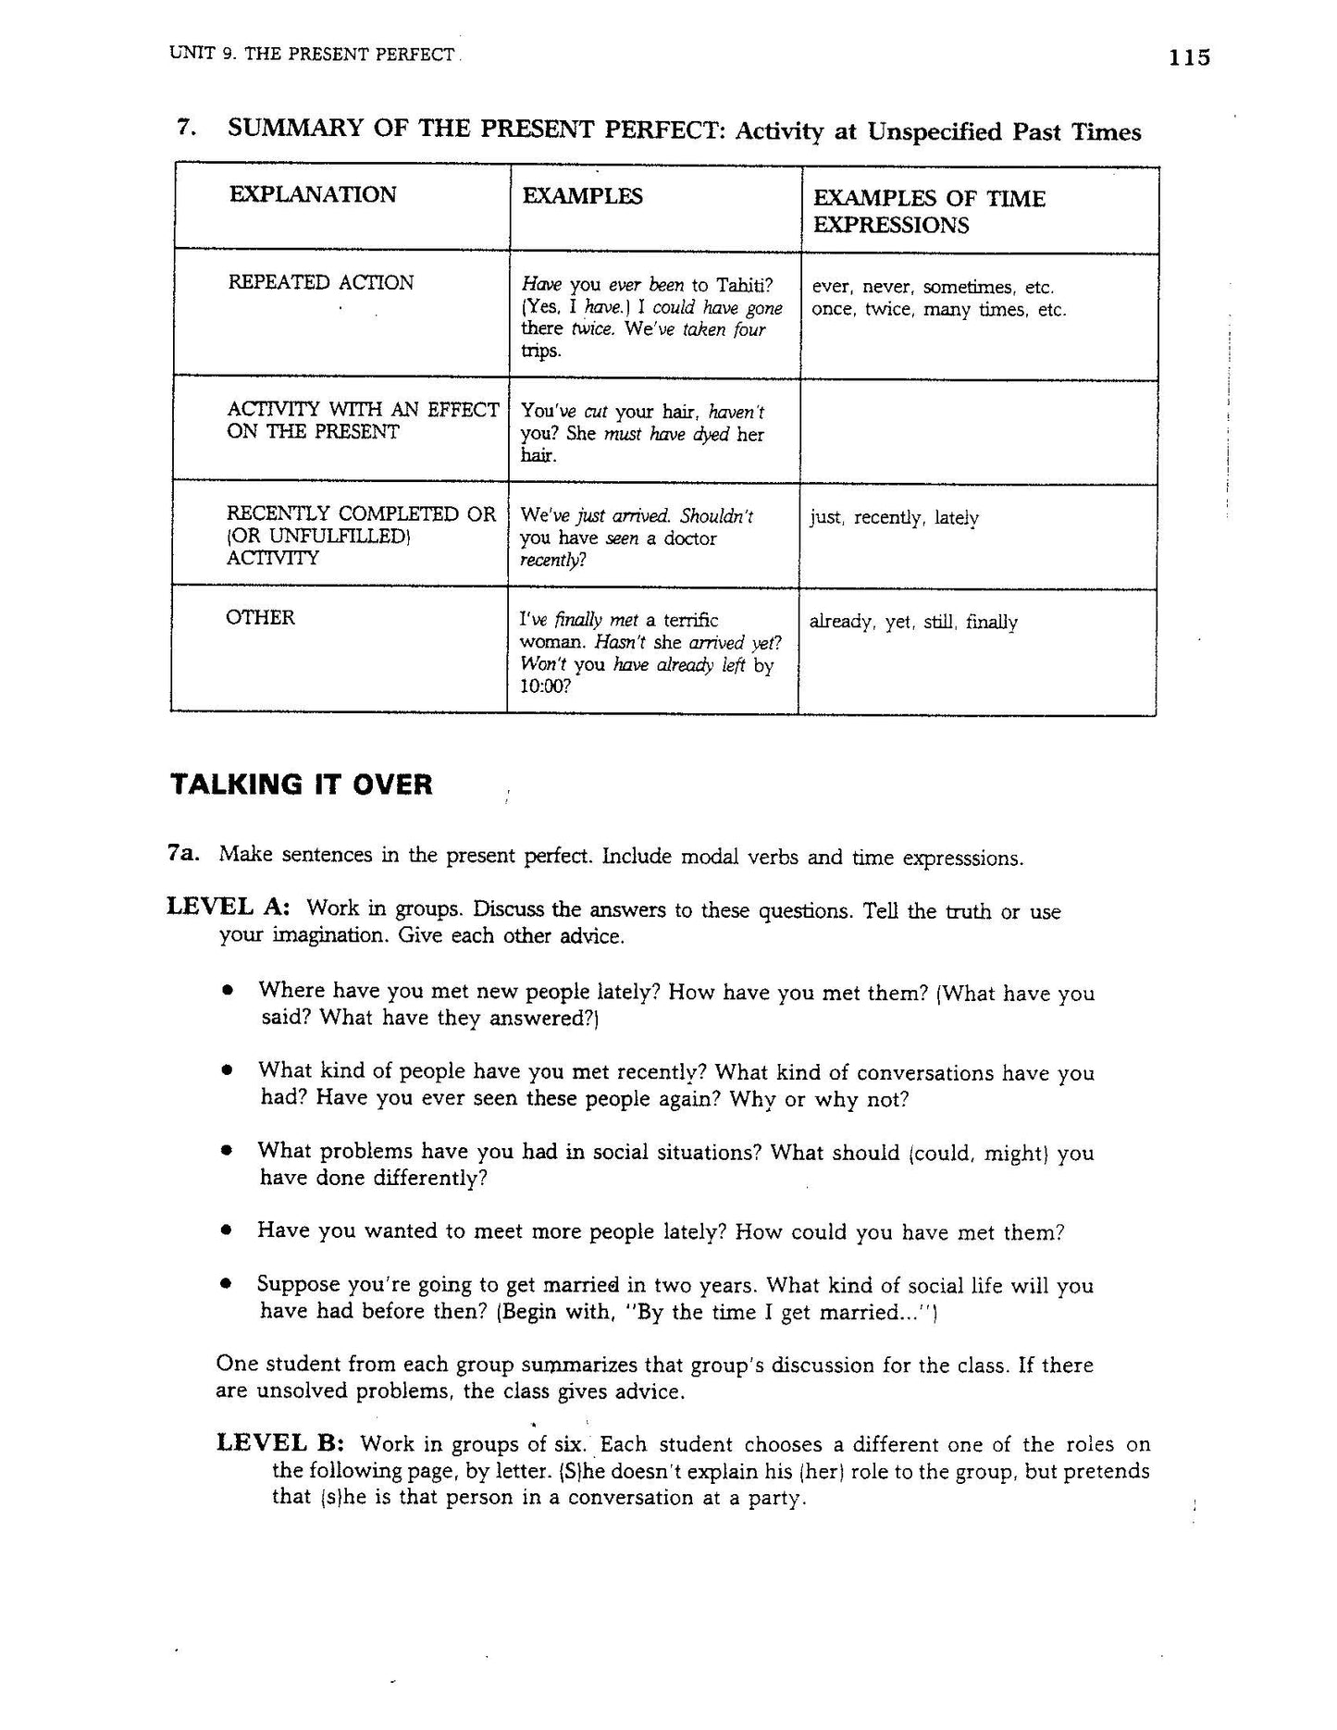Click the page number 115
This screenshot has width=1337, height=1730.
[x=1189, y=57]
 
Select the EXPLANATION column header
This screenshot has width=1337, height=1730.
[x=313, y=194]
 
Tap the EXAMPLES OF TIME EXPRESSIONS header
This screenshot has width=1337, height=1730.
[x=928, y=212]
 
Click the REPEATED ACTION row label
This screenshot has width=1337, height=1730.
[x=320, y=282]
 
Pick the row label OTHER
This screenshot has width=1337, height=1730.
[x=260, y=617]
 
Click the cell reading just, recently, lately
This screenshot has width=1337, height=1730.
[x=894, y=517]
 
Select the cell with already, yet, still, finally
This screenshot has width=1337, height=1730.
[x=913, y=622]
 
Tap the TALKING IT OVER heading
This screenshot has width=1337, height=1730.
[x=302, y=785]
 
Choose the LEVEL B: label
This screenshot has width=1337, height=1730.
[x=281, y=1442]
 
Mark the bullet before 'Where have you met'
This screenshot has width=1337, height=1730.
[x=226, y=991]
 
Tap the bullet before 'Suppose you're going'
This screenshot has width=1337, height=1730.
[x=226, y=1285]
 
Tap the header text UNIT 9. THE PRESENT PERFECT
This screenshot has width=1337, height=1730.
[x=312, y=54]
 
